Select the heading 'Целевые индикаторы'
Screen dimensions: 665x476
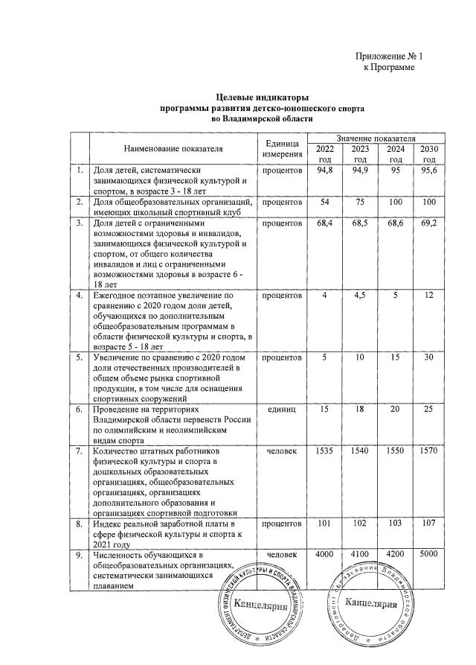point(262,97)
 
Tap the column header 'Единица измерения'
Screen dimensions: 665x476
point(283,148)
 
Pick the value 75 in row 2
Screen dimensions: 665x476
point(360,203)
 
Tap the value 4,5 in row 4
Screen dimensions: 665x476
point(360,296)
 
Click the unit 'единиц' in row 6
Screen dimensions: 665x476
point(283,410)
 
